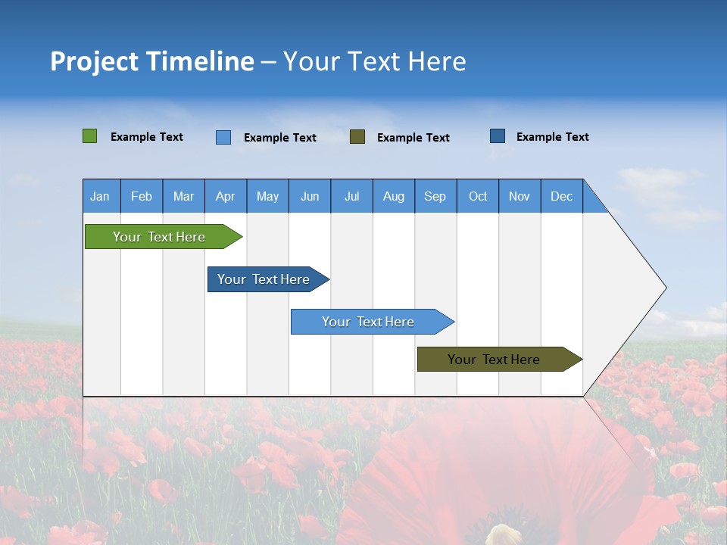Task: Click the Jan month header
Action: pyautogui.click(x=100, y=196)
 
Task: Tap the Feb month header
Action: pyautogui.click(x=142, y=196)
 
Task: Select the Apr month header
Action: pyautogui.click(x=226, y=196)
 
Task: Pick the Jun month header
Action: pyautogui.click(x=310, y=196)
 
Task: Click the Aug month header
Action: pyautogui.click(x=394, y=196)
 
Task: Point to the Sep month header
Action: pyautogui.click(x=435, y=196)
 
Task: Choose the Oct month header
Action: pyautogui.click(x=478, y=196)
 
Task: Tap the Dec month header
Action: pyautogui.click(x=562, y=196)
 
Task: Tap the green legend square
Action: pyautogui.click(x=90, y=136)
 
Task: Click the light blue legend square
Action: pyautogui.click(x=223, y=137)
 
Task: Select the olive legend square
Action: pyautogui.click(x=357, y=136)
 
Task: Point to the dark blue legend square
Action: pyautogui.click(x=498, y=136)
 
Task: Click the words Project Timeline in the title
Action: pyautogui.click(x=151, y=61)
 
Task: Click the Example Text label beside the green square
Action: pyautogui.click(x=147, y=137)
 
